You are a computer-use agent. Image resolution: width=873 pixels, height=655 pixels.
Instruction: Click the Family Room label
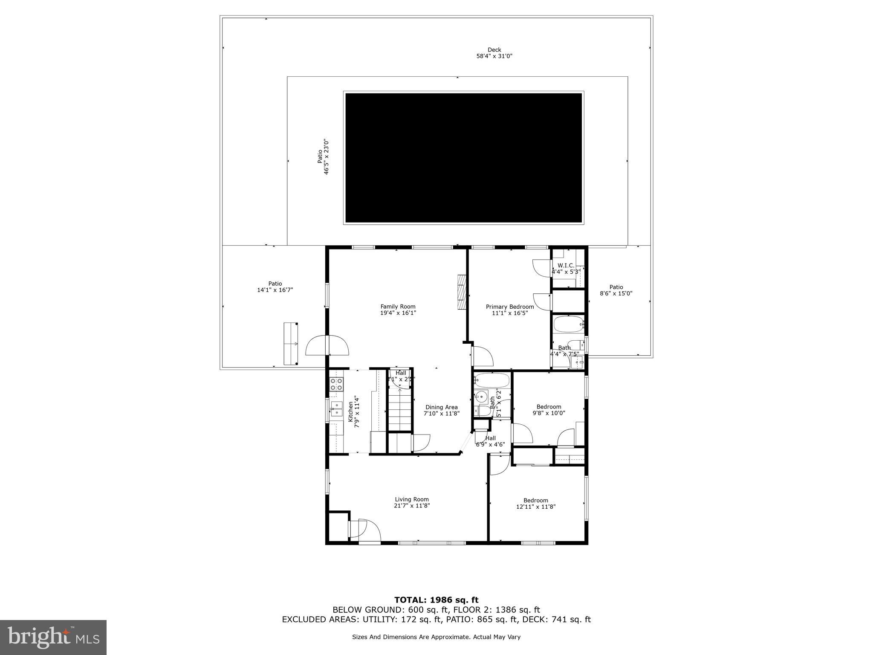point(398,310)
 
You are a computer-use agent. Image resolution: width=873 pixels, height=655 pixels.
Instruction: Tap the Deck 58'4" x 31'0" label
point(494,53)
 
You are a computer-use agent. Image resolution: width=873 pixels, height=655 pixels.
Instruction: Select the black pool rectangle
point(463,158)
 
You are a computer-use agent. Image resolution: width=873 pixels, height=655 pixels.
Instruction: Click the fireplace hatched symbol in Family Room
point(462,292)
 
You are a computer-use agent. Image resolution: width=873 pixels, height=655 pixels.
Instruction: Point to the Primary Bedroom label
point(510,310)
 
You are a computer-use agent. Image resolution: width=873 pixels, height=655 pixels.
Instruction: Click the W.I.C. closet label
point(566,268)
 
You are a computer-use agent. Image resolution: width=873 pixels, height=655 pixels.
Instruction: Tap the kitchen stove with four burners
point(337,384)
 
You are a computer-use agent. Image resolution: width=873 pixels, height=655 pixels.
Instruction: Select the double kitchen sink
point(336,409)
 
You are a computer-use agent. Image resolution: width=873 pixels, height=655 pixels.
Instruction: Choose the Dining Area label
point(441,410)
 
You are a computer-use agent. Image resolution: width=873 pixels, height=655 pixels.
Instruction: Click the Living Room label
point(411,502)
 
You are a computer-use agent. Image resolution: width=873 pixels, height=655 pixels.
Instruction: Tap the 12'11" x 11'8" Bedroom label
point(536,504)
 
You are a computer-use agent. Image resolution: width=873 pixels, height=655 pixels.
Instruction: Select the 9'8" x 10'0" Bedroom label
point(549,410)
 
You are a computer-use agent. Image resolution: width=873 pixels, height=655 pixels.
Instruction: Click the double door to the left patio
point(327,346)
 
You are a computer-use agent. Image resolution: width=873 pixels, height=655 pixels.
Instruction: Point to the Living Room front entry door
point(364,531)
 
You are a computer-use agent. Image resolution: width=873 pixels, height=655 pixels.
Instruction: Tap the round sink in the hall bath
point(482,397)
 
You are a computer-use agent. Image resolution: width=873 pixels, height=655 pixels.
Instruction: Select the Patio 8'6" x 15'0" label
point(616,290)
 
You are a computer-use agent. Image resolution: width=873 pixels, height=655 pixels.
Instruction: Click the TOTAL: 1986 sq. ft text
point(436,600)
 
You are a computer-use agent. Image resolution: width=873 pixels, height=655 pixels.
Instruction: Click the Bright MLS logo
point(53,637)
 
